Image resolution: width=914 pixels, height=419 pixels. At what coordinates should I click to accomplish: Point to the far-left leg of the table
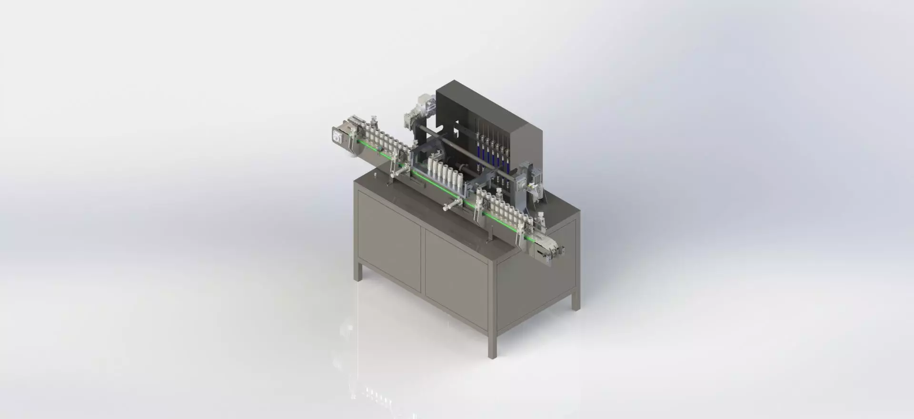tap(358, 271)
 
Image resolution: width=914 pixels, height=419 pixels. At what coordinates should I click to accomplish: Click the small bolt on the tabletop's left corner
tap(374, 175)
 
